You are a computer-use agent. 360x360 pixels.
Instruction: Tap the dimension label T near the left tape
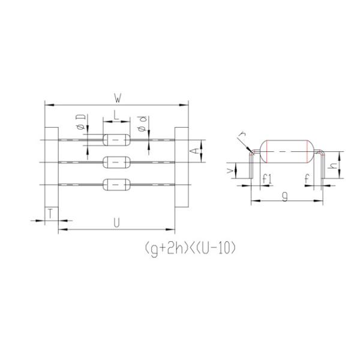point(51,214)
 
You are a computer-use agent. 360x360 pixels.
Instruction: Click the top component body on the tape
point(116,140)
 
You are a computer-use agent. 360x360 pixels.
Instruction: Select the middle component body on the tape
point(116,162)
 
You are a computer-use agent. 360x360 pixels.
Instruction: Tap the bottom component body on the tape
point(116,184)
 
